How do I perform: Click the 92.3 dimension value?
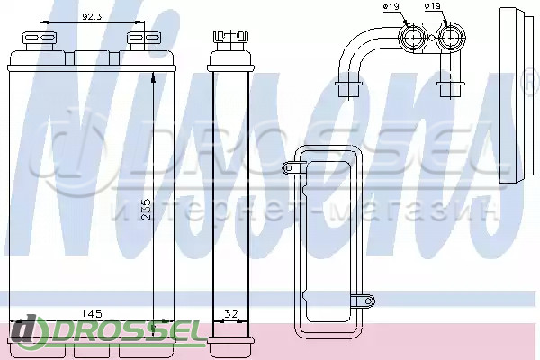(x=92, y=16)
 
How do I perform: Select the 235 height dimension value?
(x=146, y=209)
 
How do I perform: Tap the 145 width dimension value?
(x=91, y=313)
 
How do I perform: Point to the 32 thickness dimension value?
(x=231, y=314)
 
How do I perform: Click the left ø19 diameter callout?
(x=391, y=6)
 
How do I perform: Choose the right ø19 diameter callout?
(x=433, y=6)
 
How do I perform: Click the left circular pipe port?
(x=412, y=37)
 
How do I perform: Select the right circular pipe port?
(x=451, y=37)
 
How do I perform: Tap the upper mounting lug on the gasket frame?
(x=290, y=167)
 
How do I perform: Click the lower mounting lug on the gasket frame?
(x=366, y=301)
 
